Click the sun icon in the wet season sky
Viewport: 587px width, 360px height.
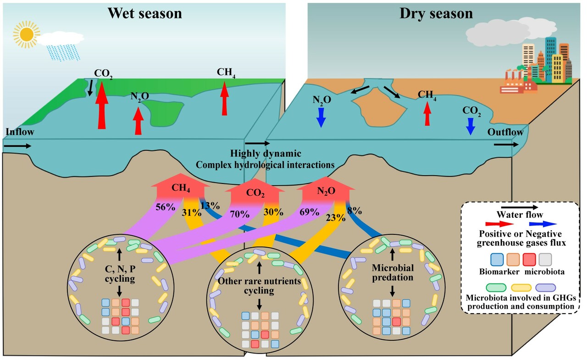tap(26, 33)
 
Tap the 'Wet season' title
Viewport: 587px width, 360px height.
tap(144, 13)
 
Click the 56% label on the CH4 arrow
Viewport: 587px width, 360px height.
tap(166, 207)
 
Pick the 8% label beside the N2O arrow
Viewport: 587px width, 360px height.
tap(355, 211)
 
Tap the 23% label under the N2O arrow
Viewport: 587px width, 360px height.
tap(336, 218)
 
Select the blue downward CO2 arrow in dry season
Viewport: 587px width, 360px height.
tap(471, 126)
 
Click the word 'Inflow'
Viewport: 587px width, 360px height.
tap(20, 132)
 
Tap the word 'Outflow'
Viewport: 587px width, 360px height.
tap(505, 133)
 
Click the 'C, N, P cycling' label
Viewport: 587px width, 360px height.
tap(119, 273)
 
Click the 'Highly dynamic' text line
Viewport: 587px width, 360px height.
tap(266, 153)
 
